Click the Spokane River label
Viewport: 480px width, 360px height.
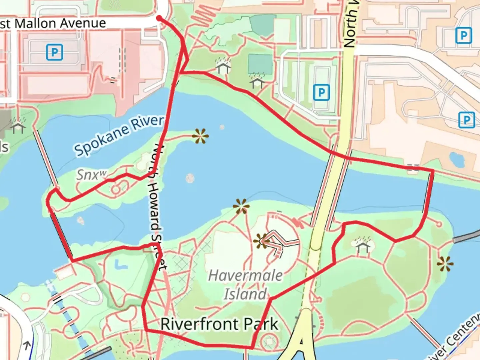pos(119,135)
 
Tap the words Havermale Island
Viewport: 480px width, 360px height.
pos(245,285)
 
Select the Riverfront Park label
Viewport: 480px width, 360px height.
pos(219,324)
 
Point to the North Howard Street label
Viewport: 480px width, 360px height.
pos(157,207)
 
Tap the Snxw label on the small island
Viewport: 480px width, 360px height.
pos(92,174)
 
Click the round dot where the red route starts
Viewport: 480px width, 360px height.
pos(159,18)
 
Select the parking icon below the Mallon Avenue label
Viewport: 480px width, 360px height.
pos(54,52)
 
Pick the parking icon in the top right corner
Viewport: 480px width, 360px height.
pos(463,35)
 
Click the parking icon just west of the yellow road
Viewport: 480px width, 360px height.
pos(321,92)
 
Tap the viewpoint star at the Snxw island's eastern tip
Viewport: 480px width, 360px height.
pos(200,136)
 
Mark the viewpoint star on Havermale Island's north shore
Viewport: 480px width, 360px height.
pos(241,207)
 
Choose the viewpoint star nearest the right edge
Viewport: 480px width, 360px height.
pos(445,264)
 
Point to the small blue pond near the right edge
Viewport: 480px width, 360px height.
pos(457,160)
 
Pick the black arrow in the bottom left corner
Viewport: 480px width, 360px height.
pos(27,345)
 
